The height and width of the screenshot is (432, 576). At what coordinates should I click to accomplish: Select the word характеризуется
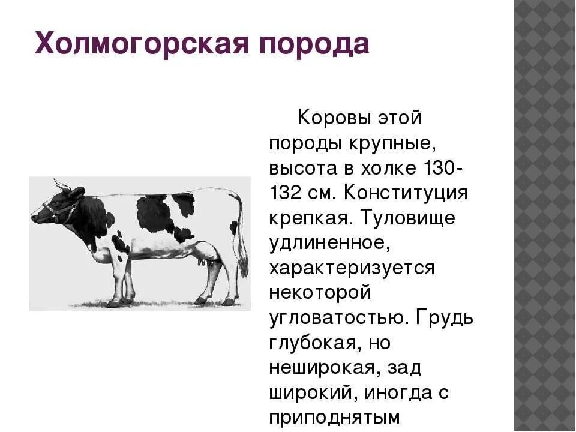(352, 271)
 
